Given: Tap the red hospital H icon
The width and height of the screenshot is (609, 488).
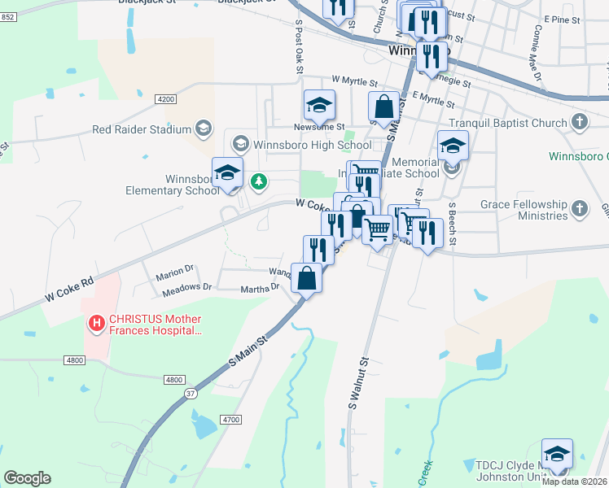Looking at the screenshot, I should coord(97,324).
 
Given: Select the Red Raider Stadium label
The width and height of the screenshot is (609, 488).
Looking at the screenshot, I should coord(141,129).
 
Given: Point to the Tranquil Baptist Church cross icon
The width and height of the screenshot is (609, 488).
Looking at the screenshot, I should coord(579,123).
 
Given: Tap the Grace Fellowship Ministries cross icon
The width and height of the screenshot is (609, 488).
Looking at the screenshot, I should coord(579,207).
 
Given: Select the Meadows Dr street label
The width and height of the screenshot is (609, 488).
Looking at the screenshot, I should coord(186,286).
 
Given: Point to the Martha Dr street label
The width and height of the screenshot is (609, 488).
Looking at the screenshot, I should coord(260,288).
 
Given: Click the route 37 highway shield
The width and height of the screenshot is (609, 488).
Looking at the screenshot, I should coord(191,394).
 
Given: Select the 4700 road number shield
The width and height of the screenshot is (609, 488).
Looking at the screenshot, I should coord(230,419).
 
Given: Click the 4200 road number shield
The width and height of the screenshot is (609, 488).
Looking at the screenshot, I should coord(165,99).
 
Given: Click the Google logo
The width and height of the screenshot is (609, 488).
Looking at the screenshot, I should coord(27,477).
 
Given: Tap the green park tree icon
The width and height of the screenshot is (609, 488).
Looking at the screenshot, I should coord(259,181).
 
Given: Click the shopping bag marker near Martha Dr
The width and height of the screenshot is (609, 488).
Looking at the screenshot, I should coord(306,278).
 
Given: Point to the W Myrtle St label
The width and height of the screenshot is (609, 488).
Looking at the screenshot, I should coord(355,82).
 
